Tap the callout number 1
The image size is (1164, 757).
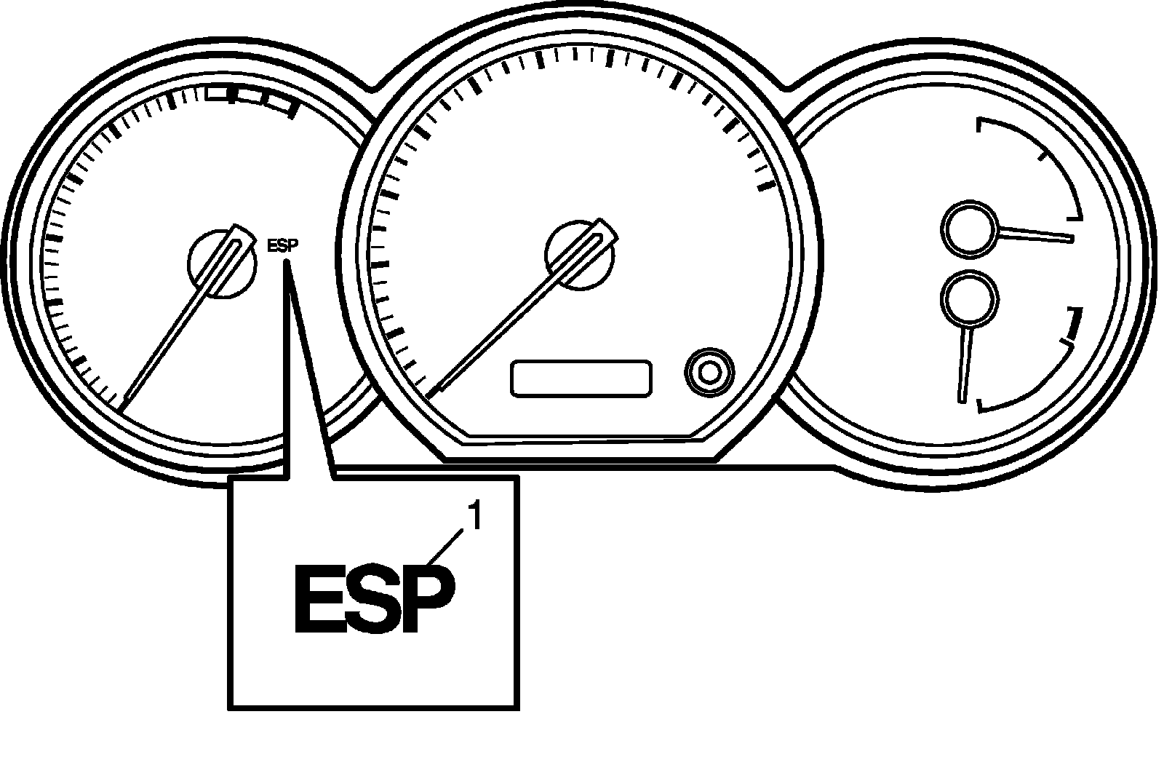coord(474,518)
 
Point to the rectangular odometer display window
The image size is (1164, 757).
coord(581,378)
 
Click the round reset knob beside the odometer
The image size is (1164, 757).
coord(709,372)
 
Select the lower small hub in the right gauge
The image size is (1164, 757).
coord(969,298)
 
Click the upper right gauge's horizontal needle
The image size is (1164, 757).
coord(1037,234)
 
